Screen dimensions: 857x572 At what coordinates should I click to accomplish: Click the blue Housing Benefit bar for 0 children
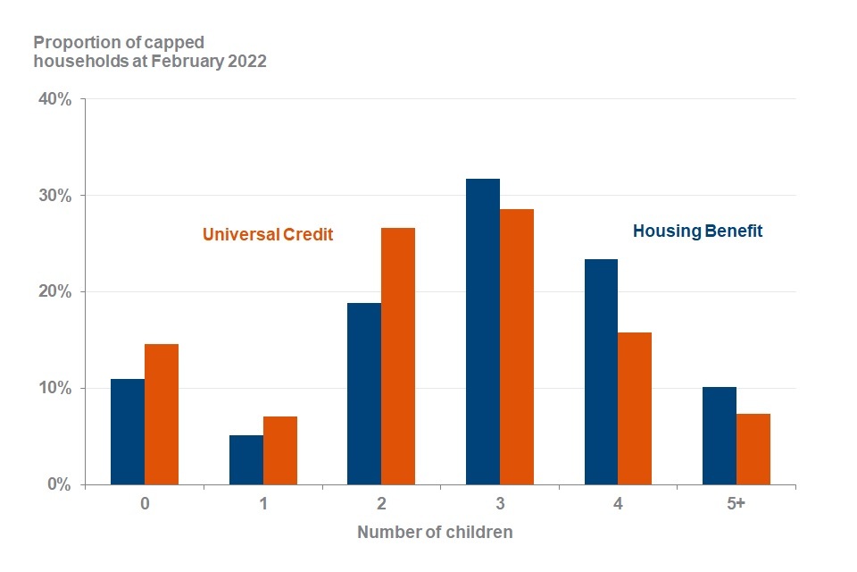pos(128,432)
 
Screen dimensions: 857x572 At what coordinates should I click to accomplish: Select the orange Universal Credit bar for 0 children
pos(162,415)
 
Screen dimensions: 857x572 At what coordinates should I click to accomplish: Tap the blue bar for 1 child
pos(246,459)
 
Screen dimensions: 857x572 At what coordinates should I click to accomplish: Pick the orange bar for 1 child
pos(279,450)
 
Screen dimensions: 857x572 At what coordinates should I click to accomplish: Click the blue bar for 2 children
pos(364,394)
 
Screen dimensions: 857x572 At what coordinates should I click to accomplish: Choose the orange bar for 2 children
pos(398,357)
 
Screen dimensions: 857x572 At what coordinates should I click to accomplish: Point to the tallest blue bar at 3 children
pos(483,332)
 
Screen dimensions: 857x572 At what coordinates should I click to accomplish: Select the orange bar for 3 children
pos(517,347)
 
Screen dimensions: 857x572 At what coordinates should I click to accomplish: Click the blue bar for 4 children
pos(601,372)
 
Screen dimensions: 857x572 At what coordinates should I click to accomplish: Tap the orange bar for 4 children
pos(635,408)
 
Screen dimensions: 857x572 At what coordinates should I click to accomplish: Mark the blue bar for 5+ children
pos(720,436)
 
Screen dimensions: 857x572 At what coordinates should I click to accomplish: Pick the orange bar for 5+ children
pos(753,450)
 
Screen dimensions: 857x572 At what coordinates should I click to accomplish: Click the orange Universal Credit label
pos(268,234)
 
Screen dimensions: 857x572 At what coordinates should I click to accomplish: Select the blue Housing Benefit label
pos(697,231)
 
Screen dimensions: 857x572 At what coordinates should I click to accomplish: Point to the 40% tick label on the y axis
pos(54,99)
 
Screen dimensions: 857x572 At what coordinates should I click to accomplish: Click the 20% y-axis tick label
pos(54,291)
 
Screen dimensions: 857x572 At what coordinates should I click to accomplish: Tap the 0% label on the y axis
pos(59,484)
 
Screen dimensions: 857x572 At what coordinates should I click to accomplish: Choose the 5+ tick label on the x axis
pos(736,503)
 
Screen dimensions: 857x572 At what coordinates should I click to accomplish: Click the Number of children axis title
pos(435,532)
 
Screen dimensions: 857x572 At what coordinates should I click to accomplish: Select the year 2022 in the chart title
pos(247,61)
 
